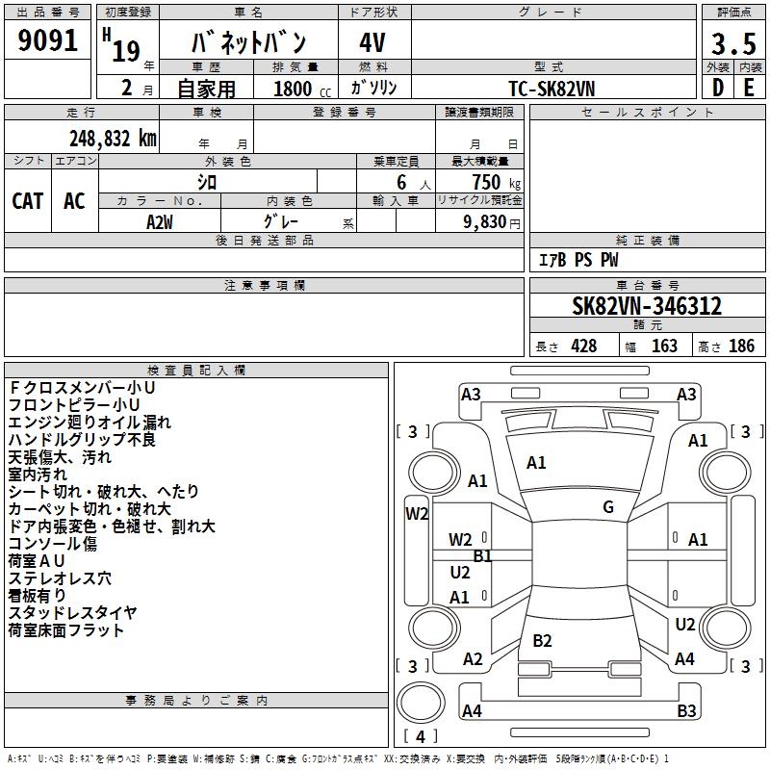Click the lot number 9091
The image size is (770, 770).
(47, 40)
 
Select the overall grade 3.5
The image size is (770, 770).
(733, 43)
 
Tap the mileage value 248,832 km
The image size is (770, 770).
(113, 139)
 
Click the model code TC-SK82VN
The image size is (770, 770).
(552, 89)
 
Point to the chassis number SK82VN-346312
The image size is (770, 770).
(647, 306)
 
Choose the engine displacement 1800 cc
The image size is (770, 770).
(302, 89)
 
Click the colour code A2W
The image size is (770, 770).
(160, 222)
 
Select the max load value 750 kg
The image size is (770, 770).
(496, 183)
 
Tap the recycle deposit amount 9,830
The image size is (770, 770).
(485, 222)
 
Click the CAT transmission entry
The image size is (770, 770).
(28, 201)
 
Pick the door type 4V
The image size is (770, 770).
(372, 42)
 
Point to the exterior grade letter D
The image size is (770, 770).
(717, 88)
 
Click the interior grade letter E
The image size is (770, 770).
(749, 88)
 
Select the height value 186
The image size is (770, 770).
(741, 346)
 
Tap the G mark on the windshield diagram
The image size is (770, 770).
(608, 507)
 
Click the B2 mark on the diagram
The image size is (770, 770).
(542, 641)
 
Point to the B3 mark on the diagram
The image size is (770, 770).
(686, 710)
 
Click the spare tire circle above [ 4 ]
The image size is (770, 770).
(421, 703)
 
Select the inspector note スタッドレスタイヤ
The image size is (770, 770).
(73, 612)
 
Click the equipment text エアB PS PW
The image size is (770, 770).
(578, 260)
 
